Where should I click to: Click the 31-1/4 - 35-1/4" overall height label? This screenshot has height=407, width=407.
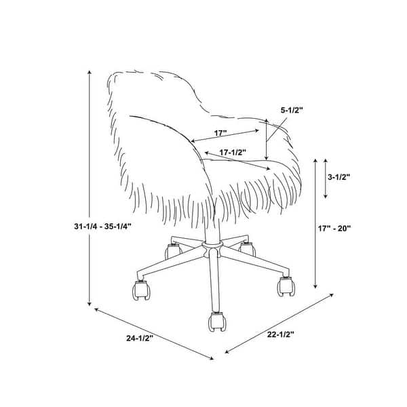[x=102, y=227]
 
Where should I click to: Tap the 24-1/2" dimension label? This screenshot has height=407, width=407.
[x=140, y=338]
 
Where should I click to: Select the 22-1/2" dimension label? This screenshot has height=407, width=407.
[x=281, y=334]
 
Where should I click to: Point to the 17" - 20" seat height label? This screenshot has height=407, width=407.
[x=334, y=229]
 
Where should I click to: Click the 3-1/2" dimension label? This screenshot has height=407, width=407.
[x=338, y=177]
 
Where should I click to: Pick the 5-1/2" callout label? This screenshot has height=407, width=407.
[x=292, y=111]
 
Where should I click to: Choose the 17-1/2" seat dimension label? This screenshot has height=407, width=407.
[x=233, y=153]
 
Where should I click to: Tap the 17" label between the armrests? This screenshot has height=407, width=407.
[x=220, y=133]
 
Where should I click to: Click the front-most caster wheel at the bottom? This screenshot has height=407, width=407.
[x=217, y=322]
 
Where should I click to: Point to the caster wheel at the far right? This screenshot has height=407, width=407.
[x=286, y=286]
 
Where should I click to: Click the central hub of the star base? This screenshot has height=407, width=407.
[x=212, y=248]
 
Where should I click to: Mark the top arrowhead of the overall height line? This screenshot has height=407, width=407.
[x=90, y=73]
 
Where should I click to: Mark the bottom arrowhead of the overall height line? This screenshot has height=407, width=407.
[x=90, y=303]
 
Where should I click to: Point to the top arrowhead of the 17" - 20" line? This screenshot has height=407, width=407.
[x=315, y=161]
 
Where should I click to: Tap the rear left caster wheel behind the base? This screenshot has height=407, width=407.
[x=172, y=250]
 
